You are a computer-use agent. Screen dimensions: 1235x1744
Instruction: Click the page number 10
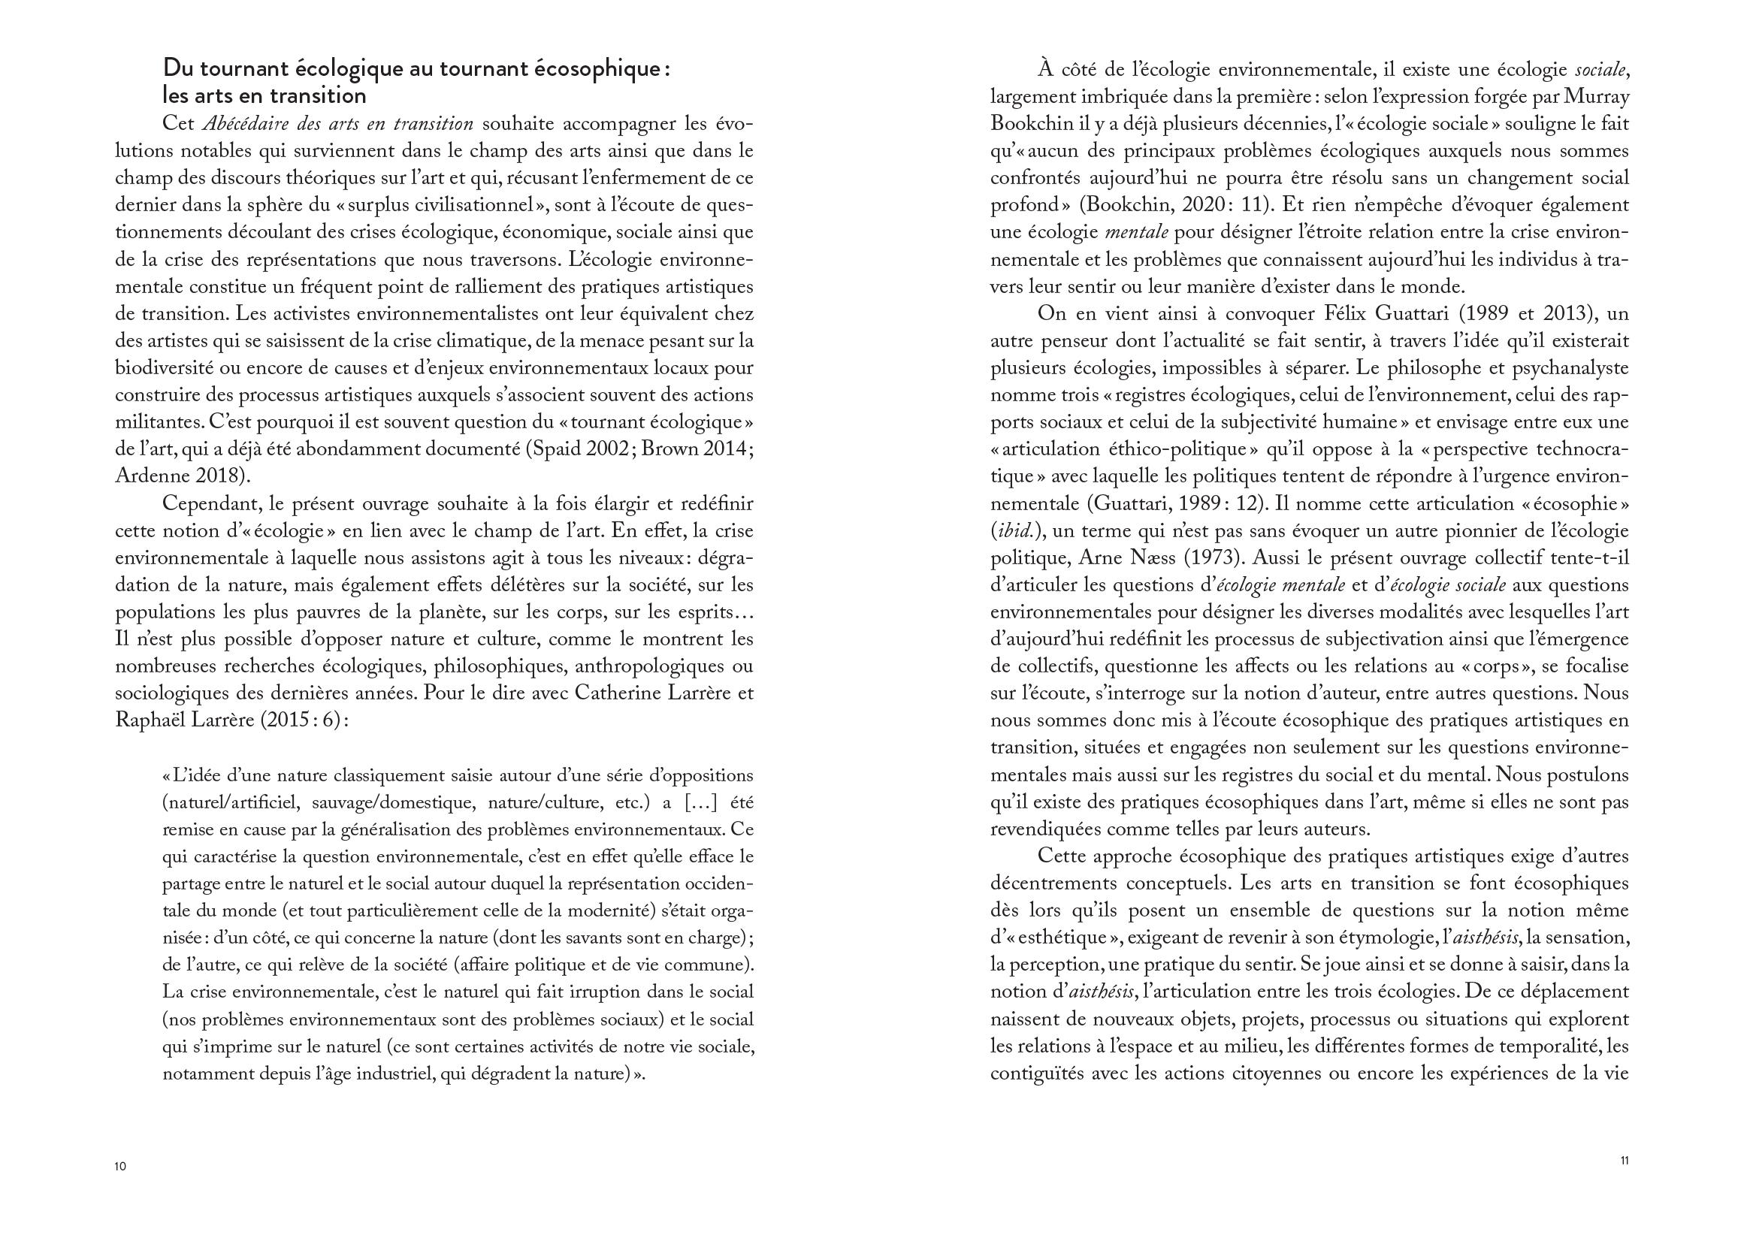[120, 1167]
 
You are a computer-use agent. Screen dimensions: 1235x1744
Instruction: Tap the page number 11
[1624, 1161]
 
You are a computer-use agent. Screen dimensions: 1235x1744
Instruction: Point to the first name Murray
[1602, 97]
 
